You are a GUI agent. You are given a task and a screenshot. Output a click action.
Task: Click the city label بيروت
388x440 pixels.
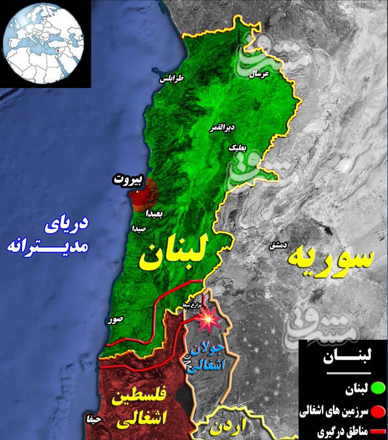tap(128, 179)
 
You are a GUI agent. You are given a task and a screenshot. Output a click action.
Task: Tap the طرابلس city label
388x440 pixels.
tap(172, 79)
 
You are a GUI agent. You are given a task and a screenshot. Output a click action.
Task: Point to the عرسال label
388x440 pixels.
tap(259, 74)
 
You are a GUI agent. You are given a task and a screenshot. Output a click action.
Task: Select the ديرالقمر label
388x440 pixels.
tap(222, 128)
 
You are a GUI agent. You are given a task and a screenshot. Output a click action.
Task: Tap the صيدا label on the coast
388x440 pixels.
tap(139, 227)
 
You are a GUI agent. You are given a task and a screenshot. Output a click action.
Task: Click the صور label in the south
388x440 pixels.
tap(116, 318)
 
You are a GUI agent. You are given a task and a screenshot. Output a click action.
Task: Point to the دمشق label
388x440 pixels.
tap(277, 245)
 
